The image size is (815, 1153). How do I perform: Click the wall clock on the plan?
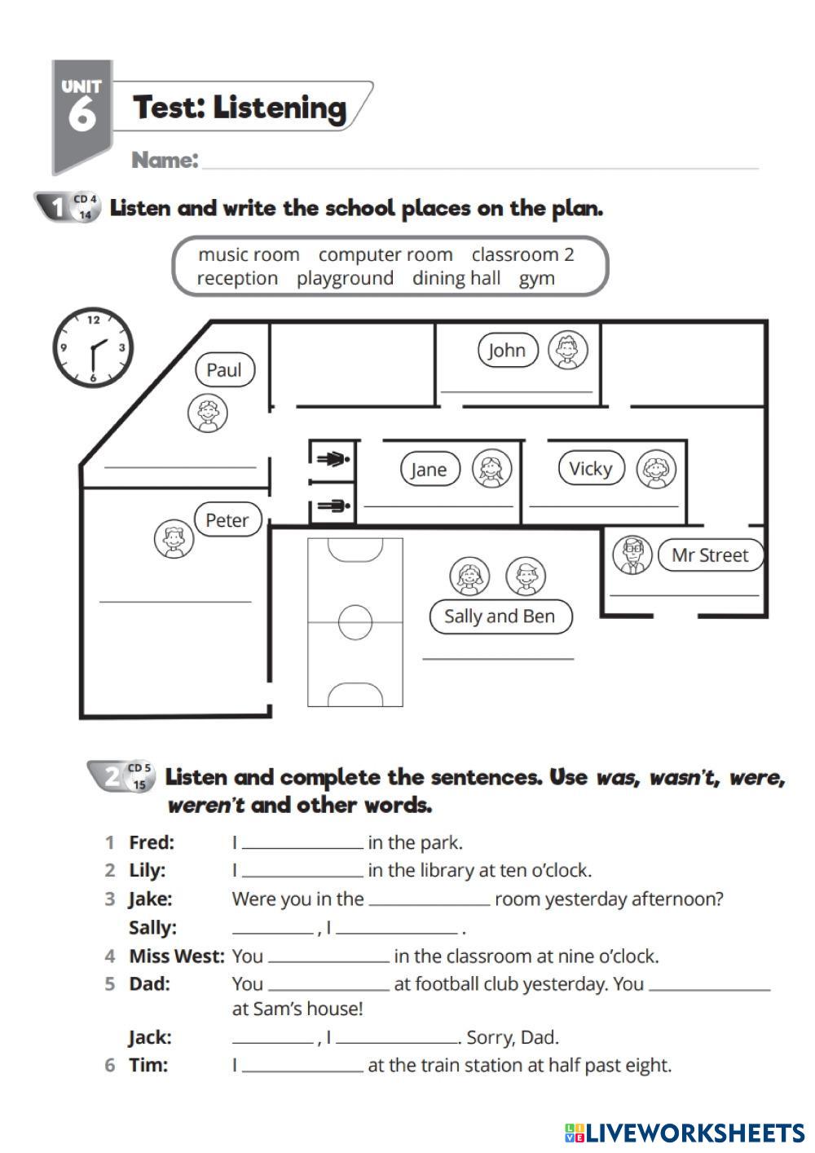(x=93, y=347)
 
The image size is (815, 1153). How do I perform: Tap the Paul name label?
(x=224, y=370)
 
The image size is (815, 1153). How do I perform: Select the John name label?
(x=507, y=351)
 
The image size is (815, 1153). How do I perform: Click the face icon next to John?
(x=567, y=351)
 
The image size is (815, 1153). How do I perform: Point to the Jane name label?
(x=430, y=469)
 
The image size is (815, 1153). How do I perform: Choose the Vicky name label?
(x=591, y=468)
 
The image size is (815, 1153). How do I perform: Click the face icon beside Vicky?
(x=655, y=469)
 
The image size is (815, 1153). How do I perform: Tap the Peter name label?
(x=227, y=519)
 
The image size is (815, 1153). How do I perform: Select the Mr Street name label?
(x=710, y=555)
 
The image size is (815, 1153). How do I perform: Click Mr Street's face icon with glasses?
(x=632, y=555)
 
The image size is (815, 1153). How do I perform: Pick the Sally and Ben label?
(x=500, y=616)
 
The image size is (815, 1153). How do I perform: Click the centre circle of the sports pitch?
(x=355, y=622)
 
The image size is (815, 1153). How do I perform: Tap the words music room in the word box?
(x=249, y=254)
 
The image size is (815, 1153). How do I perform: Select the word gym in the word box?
(x=537, y=278)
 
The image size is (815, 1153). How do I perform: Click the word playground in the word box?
(x=345, y=278)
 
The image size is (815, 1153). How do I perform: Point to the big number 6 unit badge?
(x=81, y=113)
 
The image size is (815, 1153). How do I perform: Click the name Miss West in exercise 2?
(x=176, y=956)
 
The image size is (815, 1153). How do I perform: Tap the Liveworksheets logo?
(x=684, y=1133)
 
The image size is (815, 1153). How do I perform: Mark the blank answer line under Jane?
(x=438, y=506)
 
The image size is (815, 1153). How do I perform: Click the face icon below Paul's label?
(x=208, y=413)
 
